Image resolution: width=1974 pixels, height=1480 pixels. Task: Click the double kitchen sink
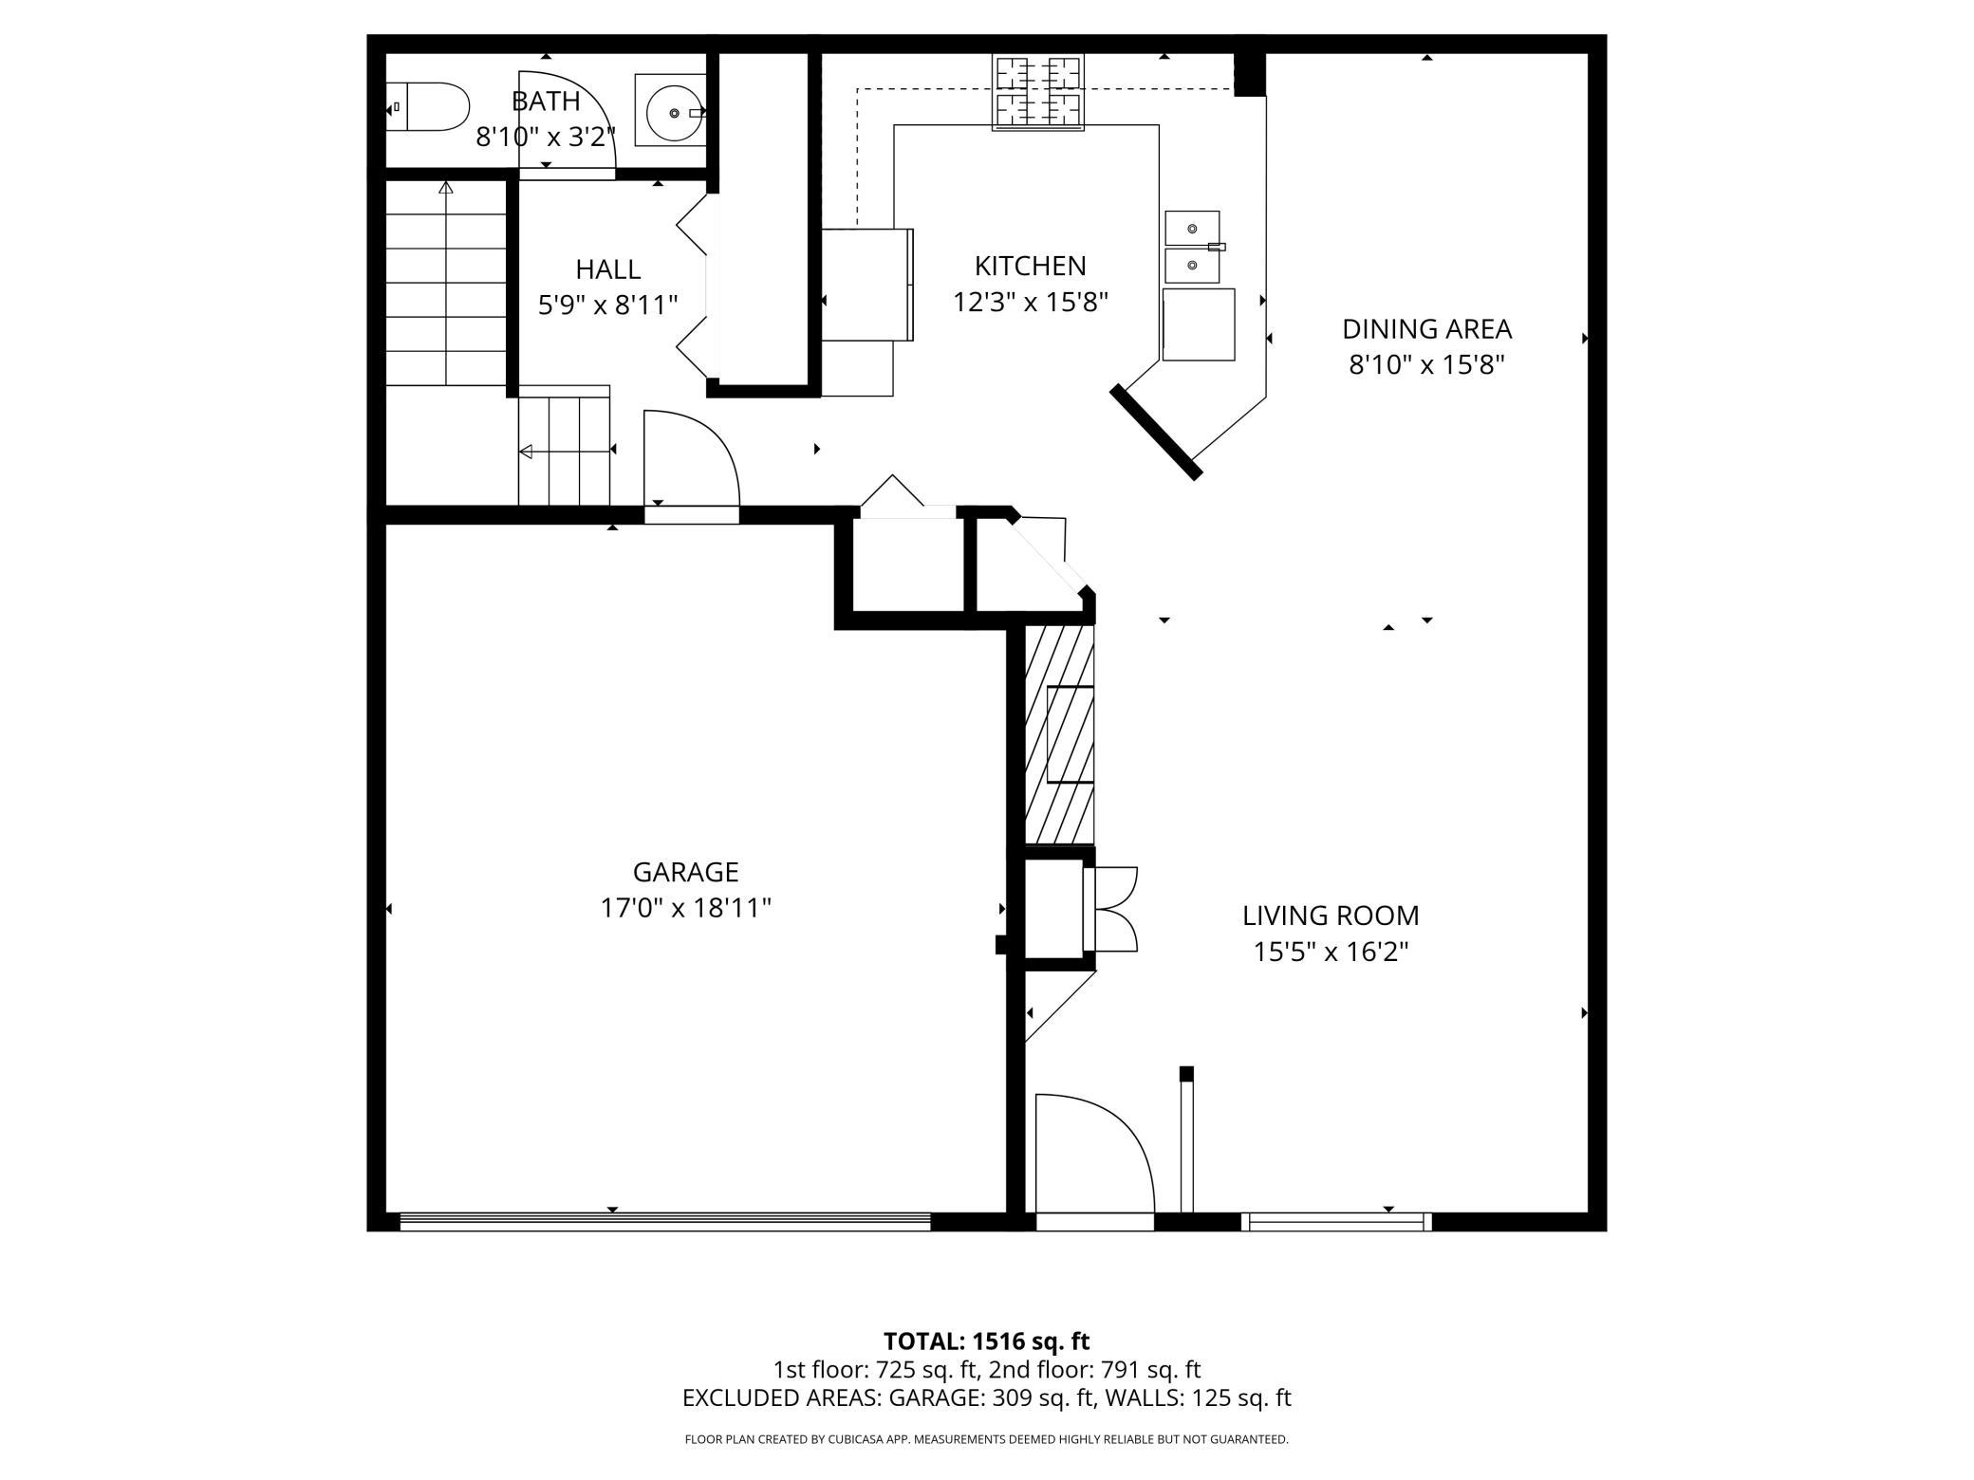[1193, 247]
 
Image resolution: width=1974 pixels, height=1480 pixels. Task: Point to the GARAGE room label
[685, 872]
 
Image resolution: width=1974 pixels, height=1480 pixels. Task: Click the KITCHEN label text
[1030, 266]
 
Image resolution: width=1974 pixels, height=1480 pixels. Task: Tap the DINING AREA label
[1426, 329]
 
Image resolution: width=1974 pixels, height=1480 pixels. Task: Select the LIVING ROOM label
[1331, 916]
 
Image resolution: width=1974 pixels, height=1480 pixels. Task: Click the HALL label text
[608, 269]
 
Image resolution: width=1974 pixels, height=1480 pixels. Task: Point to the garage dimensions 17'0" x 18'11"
[685, 908]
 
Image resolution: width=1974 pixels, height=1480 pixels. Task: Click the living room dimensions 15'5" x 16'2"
[1331, 952]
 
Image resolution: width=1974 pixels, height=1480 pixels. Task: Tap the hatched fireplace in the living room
[1060, 734]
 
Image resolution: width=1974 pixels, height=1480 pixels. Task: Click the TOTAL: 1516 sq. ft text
[986, 1341]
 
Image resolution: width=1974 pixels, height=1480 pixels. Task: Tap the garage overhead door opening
[665, 1222]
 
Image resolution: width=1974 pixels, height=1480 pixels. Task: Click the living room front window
[1336, 1222]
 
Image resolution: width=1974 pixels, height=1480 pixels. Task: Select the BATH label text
[546, 101]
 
